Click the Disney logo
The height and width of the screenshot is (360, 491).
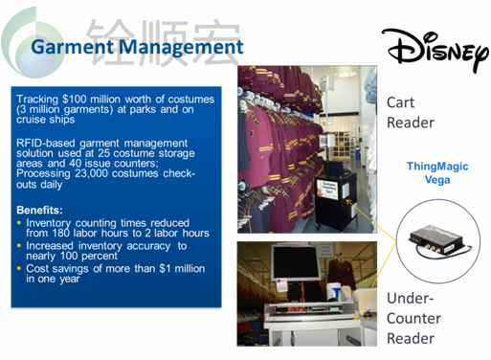pyautogui.click(x=435, y=50)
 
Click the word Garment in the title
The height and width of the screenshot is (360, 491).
pyautogui.click(x=72, y=47)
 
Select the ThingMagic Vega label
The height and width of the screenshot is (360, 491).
pyautogui.click(x=437, y=172)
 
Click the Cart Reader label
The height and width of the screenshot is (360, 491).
pyautogui.click(x=411, y=113)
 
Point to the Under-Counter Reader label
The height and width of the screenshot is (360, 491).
pyautogui.click(x=413, y=318)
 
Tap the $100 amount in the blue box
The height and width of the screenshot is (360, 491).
pyautogui.click(x=75, y=100)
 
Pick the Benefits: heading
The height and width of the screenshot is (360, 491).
pyautogui.click(x=39, y=210)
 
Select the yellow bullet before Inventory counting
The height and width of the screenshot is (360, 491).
pyautogui.click(x=19, y=222)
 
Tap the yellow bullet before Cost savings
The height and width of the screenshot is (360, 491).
pyautogui.click(x=19, y=268)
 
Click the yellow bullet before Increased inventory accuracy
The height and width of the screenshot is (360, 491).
pyautogui.click(x=19, y=245)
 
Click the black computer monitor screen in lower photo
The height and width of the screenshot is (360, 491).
pyautogui.click(x=296, y=262)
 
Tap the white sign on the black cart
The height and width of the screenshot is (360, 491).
pyautogui.click(x=327, y=189)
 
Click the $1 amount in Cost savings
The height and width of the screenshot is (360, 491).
pyautogui.click(x=165, y=269)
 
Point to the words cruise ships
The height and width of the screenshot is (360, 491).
pyautogui.click(x=46, y=120)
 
